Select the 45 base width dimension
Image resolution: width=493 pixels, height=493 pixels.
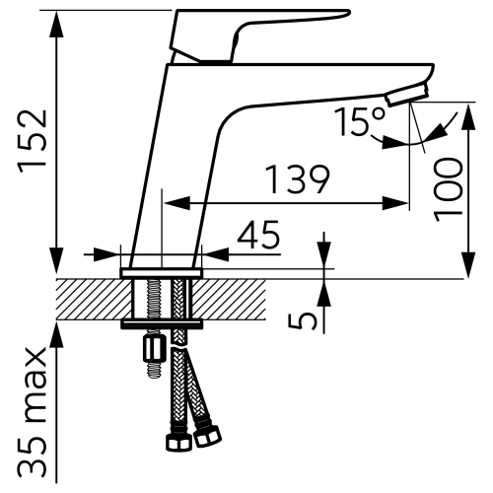tap(258, 234)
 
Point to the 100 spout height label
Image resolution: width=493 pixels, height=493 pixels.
tap(448, 189)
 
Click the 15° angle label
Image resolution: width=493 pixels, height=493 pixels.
tap(359, 120)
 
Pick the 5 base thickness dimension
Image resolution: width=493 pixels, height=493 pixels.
tap(303, 320)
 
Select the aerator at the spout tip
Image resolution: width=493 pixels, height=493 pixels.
tap(408, 95)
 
